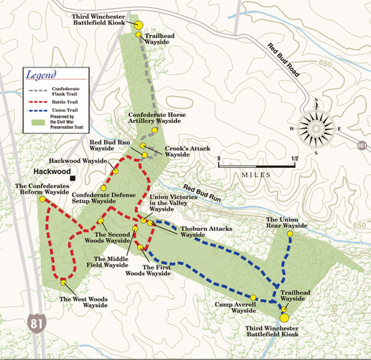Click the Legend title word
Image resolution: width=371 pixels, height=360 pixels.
pyautogui.click(x=43, y=75)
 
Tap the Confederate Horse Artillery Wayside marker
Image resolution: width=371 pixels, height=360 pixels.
pyautogui.click(x=154, y=130)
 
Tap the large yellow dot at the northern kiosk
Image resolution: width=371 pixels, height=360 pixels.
pyautogui.click(x=138, y=23)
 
